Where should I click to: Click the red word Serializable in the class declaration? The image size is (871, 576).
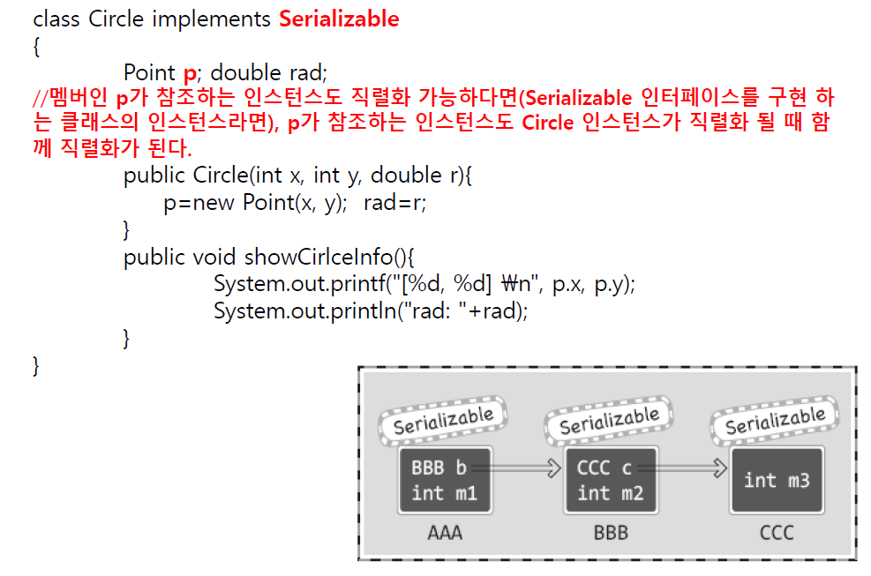coord(339,19)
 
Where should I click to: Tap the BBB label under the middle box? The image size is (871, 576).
coord(611,533)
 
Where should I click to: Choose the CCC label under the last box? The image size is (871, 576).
coord(776,533)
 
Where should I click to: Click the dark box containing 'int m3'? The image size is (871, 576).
coord(776,480)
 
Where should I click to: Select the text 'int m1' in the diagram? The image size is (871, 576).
coord(444,493)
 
